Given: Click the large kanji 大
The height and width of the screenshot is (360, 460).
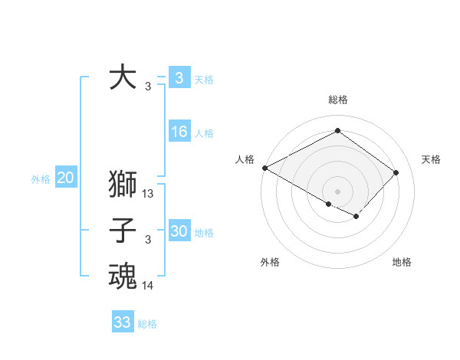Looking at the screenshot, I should pyautogui.click(x=123, y=77).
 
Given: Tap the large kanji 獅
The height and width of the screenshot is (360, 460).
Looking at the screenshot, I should pyautogui.click(x=123, y=185).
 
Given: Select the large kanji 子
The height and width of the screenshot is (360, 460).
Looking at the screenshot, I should pyautogui.click(x=123, y=231).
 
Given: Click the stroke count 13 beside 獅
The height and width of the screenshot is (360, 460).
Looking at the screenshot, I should pyautogui.click(x=149, y=195).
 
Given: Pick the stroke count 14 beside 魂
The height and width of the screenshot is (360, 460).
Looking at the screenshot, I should pyautogui.click(x=149, y=286).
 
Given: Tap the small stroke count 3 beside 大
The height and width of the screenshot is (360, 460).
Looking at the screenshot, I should pyautogui.click(x=147, y=87).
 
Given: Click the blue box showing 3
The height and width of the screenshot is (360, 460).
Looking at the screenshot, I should pyautogui.click(x=179, y=77).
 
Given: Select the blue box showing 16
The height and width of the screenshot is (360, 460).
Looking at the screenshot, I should pyautogui.click(x=179, y=132).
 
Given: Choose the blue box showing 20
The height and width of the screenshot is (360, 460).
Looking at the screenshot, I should pyautogui.click(x=65, y=178).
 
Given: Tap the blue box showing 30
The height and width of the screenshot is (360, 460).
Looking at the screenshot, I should pyautogui.click(x=179, y=231).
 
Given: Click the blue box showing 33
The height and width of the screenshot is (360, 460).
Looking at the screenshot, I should pyautogui.click(x=122, y=322).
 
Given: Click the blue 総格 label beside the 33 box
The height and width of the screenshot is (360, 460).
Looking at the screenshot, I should pyautogui.click(x=147, y=324).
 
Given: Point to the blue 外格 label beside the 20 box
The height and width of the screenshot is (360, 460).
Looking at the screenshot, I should pyautogui.click(x=41, y=179).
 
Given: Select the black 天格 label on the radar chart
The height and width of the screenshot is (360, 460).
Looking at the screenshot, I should pyautogui.click(x=431, y=159).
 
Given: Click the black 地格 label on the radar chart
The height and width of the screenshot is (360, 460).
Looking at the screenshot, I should pyautogui.click(x=402, y=262).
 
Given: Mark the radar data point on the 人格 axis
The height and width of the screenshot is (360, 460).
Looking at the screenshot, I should pyautogui.click(x=264, y=168).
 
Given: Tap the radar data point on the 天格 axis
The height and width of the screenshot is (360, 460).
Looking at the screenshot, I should pyautogui.click(x=396, y=172).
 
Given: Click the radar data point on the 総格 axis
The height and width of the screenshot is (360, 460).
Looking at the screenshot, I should pyautogui.click(x=337, y=130).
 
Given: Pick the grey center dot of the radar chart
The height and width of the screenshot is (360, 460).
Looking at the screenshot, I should pyautogui.click(x=337, y=190).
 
